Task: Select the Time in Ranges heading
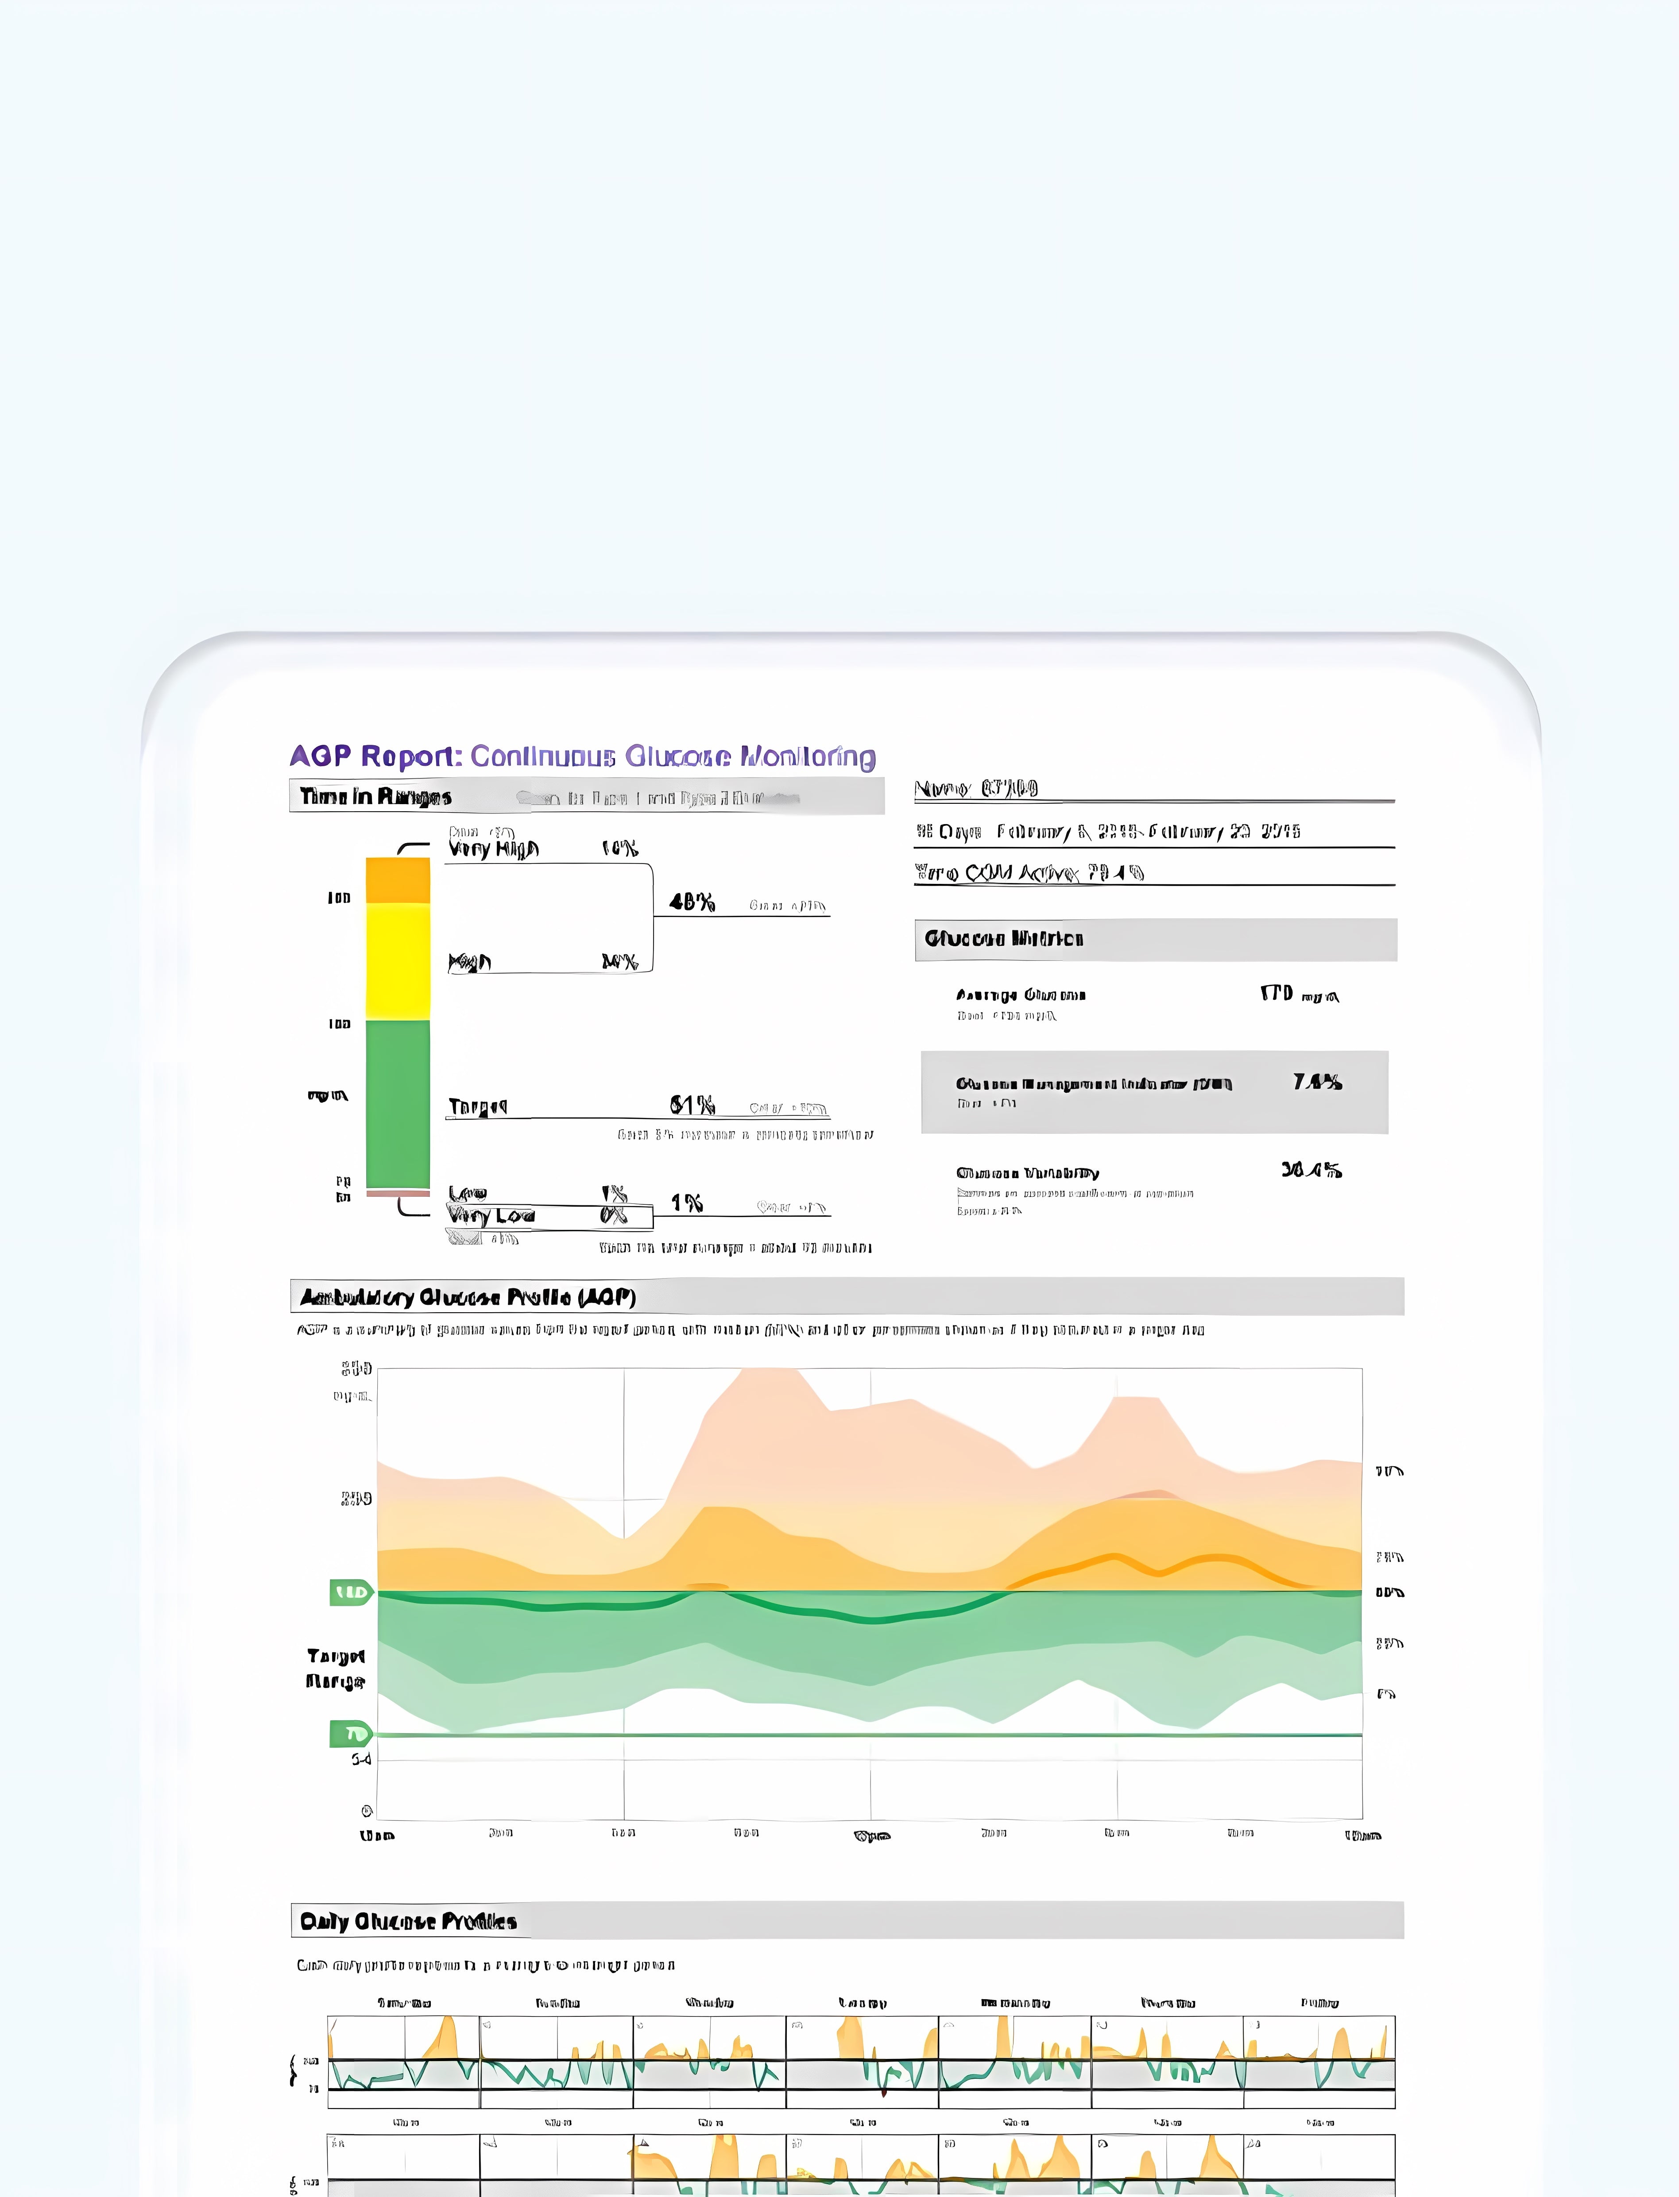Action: pyautogui.click(x=376, y=796)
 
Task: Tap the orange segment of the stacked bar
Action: pyautogui.click(x=398, y=880)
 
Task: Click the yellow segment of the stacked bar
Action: pyautogui.click(x=398, y=961)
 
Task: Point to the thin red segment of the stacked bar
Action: pyautogui.click(x=398, y=1193)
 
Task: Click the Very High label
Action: pyautogui.click(x=494, y=849)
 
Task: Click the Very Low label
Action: pyautogui.click(x=491, y=1216)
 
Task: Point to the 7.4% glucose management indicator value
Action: pyautogui.click(x=1317, y=1082)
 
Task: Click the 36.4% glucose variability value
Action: pyautogui.click(x=1311, y=1170)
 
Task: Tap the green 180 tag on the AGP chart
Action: pyautogui.click(x=351, y=1592)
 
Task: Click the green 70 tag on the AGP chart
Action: pyautogui.click(x=351, y=1734)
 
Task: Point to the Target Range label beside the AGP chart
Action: pyautogui.click(x=336, y=1669)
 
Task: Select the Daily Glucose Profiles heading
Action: pyautogui.click(x=408, y=1921)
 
